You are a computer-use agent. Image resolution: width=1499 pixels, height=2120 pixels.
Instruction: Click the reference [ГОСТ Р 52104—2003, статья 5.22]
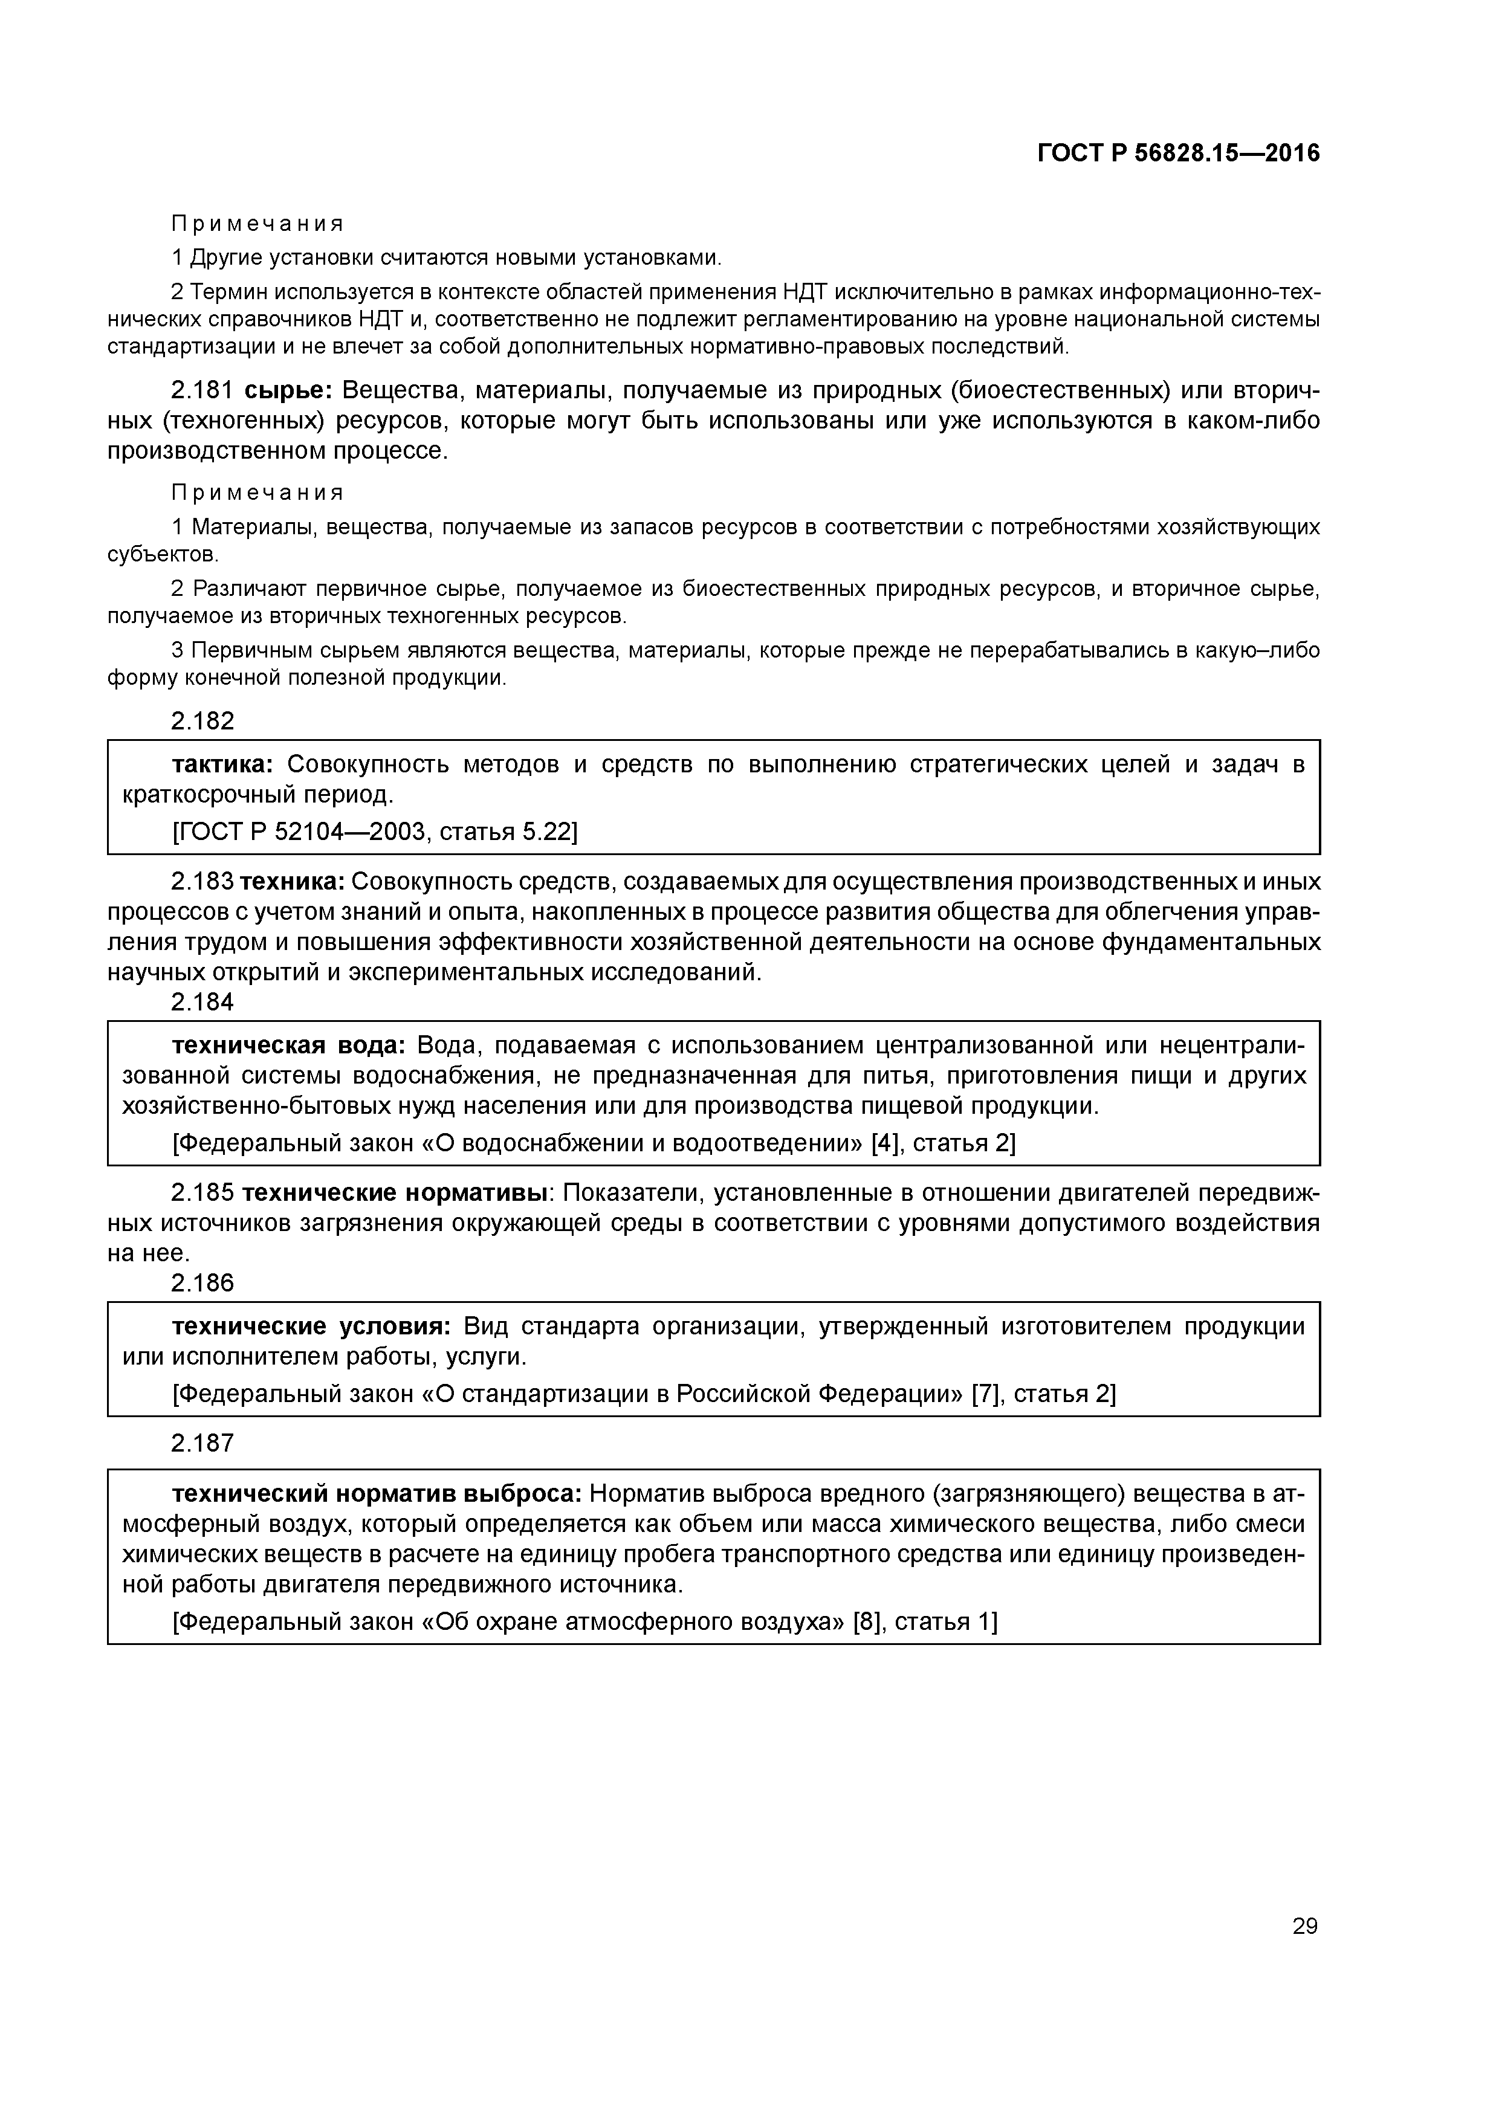coord(375,832)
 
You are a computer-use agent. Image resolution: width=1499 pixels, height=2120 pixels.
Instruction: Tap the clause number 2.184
coord(203,1002)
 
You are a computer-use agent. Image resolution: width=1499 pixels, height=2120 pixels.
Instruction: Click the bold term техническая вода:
coord(289,1045)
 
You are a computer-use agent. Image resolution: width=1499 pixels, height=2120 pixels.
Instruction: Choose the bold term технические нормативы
coord(395,1193)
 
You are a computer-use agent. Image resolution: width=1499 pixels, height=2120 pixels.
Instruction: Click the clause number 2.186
coord(203,1282)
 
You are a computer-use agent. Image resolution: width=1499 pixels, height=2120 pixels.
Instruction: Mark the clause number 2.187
coord(203,1443)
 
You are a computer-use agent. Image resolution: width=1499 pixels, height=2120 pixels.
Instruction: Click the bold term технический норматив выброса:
coord(377,1493)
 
